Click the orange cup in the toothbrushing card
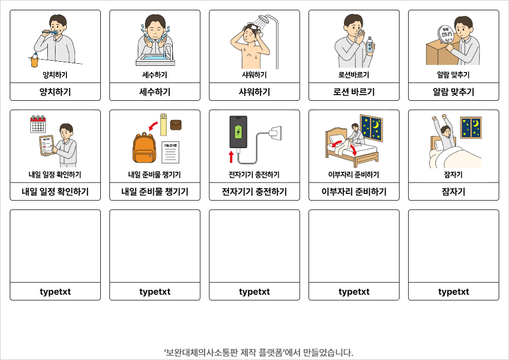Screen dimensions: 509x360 click(x=34, y=61)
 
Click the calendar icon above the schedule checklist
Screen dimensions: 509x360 click(x=38, y=124)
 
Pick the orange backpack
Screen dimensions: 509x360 click(x=144, y=148)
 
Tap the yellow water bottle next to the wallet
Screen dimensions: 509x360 click(x=163, y=124)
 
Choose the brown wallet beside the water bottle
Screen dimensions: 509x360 click(x=176, y=125)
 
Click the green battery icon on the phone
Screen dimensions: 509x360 click(x=238, y=132)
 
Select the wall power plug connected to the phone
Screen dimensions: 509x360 click(x=275, y=133)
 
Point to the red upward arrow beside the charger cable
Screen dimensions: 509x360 click(x=231, y=156)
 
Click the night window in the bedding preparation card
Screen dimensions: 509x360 click(x=371, y=128)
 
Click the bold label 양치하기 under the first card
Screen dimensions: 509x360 click(x=55, y=92)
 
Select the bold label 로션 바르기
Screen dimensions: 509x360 click(x=354, y=92)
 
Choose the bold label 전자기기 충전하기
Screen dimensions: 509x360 click(x=254, y=192)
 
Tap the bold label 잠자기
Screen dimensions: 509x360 click(x=453, y=192)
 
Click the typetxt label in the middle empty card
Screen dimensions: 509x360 click(x=254, y=292)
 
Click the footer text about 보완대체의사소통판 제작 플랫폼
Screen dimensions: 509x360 click(x=259, y=352)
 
